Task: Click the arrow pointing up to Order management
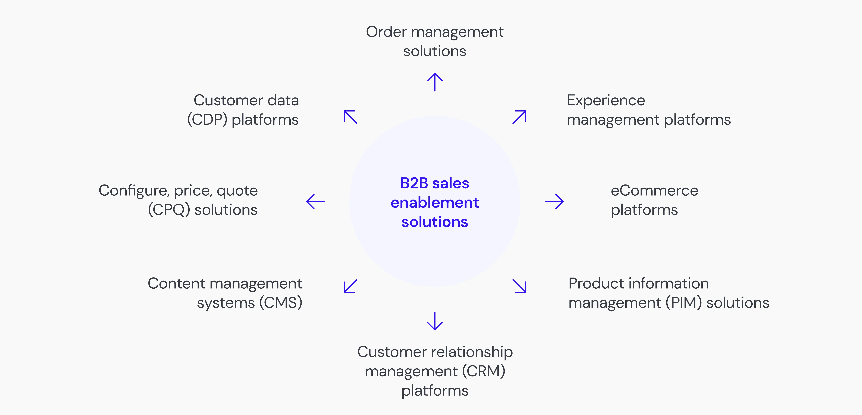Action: [435, 82]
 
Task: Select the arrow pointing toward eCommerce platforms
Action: [554, 202]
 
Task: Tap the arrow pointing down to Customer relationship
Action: [435, 321]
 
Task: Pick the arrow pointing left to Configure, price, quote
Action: [316, 202]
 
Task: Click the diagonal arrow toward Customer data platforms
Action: [350, 117]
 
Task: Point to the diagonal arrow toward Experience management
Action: [519, 117]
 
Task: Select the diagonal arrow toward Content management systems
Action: [350, 286]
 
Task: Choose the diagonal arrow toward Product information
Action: [519, 286]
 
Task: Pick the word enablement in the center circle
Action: [435, 203]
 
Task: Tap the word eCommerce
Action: [654, 191]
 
